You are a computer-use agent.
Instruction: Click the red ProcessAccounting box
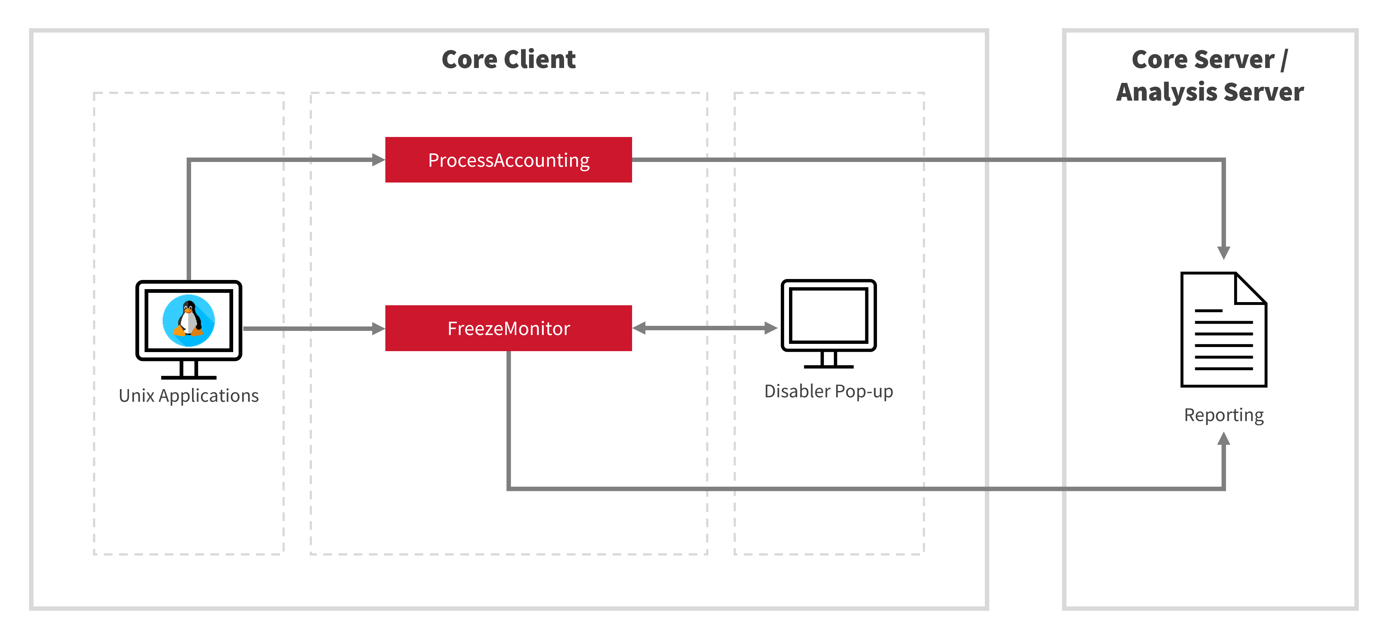click(x=508, y=160)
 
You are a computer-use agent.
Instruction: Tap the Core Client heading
click(x=508, y=59)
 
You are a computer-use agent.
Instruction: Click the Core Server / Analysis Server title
click(x=1209, y=76)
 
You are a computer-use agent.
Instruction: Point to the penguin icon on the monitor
click(x=189, y=321)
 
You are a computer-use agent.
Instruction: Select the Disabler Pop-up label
click(x=828, y=391)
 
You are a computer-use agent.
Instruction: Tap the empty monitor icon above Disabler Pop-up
click(x=828, y=316)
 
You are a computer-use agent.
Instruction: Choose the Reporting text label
click(x=1223, y=415)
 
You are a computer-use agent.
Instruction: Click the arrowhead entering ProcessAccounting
click(x=378, y=160)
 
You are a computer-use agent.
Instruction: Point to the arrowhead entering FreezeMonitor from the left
click(x=378, y=328)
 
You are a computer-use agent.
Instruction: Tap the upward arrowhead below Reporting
click(x=1223, y=439)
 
